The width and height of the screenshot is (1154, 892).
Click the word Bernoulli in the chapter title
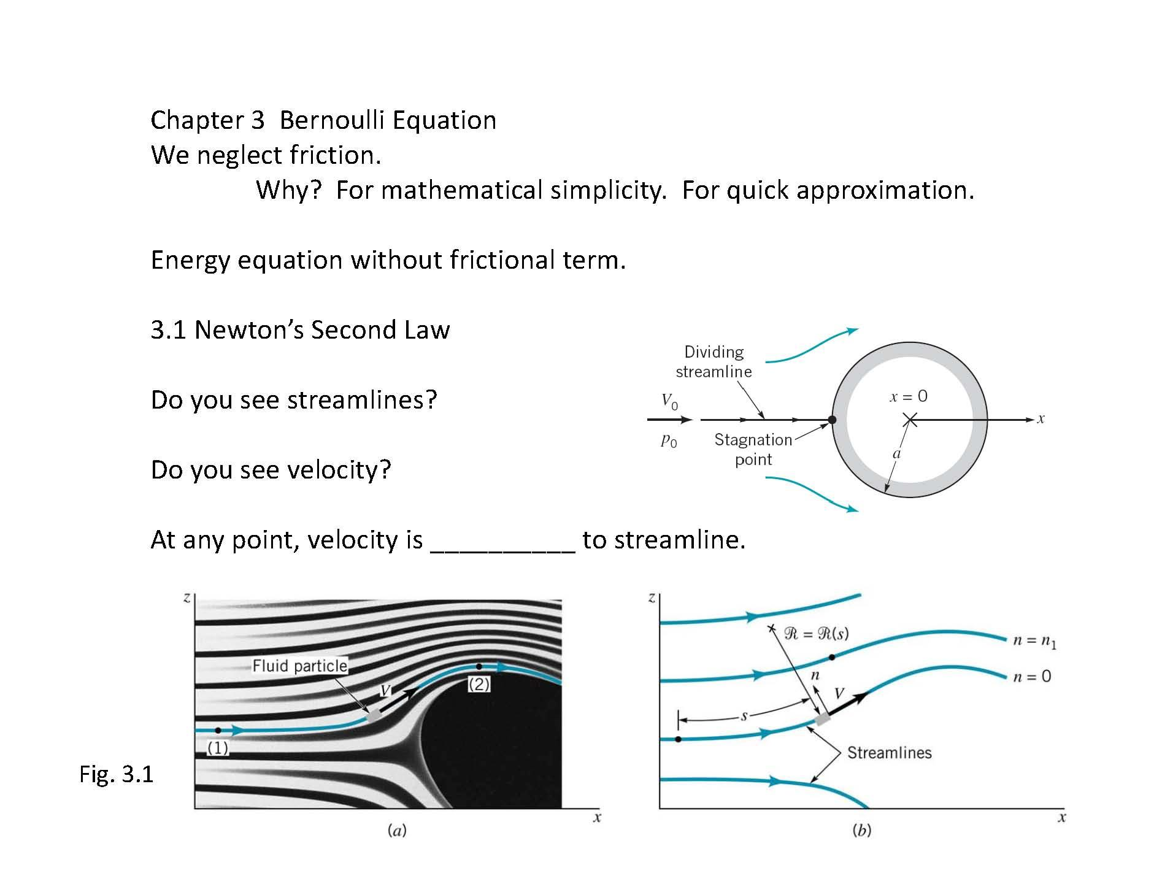point(331,120)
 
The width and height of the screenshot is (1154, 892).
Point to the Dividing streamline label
point(714,361)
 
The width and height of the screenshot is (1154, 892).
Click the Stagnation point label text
point(753,449)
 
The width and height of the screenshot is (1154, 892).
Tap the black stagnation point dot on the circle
point(832,420)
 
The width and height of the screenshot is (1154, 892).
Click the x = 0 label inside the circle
point(909,396)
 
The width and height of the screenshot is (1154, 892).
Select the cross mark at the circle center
point(910,420)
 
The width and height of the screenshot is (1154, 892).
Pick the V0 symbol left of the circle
point(669,402)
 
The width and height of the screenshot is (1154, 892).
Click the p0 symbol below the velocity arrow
point(669,440)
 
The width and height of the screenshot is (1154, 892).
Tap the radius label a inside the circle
point(896,454)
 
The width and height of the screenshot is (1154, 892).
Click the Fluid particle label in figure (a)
point(299,666)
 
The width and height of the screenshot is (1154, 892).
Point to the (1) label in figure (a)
point(218,748)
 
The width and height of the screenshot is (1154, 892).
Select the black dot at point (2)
point(479,666)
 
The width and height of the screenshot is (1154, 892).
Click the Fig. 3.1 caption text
point(117,774)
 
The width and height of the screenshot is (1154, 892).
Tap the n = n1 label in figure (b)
point(1034,642)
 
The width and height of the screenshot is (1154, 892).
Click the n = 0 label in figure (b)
point(1031,676)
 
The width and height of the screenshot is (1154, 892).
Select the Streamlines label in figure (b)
point(889,753)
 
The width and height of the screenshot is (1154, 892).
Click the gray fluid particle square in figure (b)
point(821,719)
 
